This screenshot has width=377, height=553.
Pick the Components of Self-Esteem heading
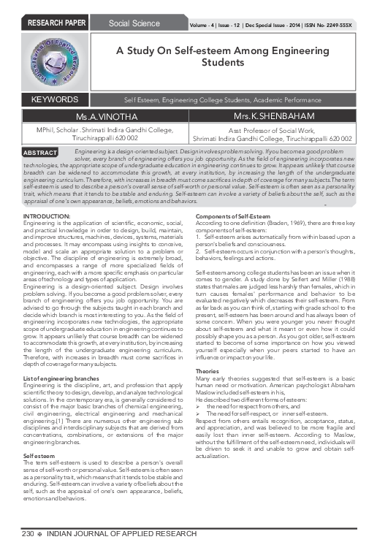coord(231,197)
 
